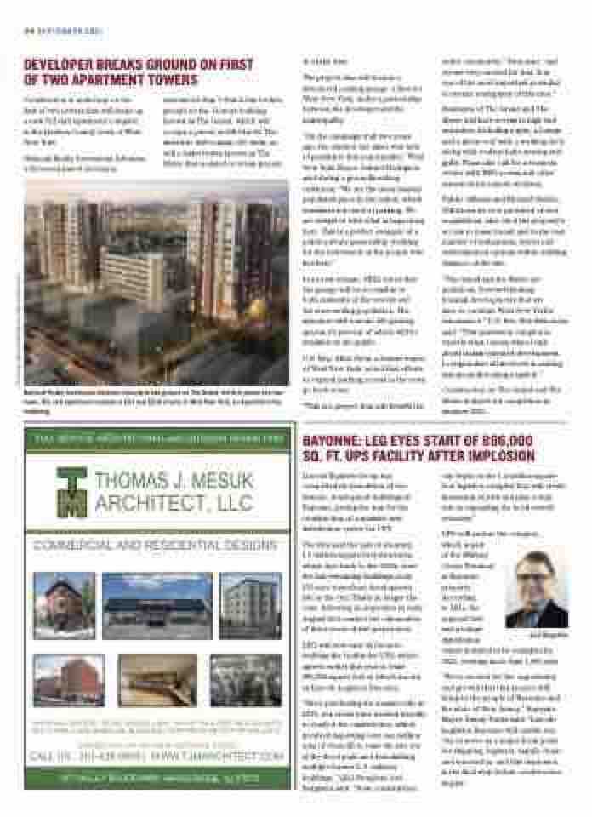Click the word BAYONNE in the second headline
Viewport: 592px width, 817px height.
click(333, 441)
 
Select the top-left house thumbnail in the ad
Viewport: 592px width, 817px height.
click(64, 605)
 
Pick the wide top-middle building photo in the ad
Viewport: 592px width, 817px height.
click(157, 605)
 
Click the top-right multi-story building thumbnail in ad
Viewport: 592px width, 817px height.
click(250, 605)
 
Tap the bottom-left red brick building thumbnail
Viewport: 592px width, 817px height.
click(68, 679)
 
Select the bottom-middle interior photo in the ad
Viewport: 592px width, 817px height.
click(157, 679)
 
